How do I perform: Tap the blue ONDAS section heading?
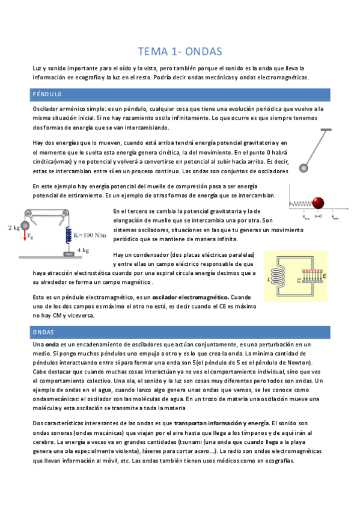43,332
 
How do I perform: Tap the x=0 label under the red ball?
319,215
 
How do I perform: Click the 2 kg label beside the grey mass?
14,227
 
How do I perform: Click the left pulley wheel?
28,213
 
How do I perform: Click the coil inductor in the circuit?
279,278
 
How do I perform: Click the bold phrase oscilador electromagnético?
191,297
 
